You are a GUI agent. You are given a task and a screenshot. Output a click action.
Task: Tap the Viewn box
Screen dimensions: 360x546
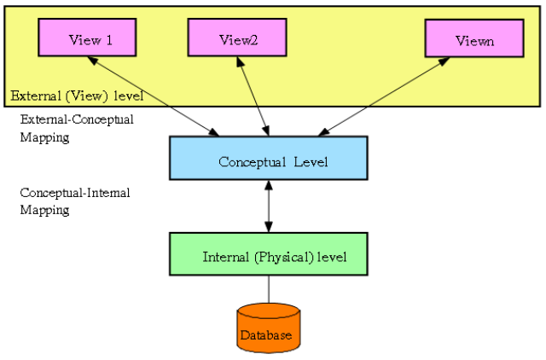pos(473,39)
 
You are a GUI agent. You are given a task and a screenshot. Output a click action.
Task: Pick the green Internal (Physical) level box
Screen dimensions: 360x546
pos(268,254)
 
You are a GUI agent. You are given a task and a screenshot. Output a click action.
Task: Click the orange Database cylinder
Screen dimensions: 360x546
pos(268,328)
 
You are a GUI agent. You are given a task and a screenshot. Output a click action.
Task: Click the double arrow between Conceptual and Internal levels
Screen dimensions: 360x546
pos(269,206)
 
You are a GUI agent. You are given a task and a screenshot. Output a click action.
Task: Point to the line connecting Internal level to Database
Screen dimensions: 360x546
pos(269,289)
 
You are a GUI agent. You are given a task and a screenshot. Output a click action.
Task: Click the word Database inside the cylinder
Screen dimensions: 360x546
pos(266,335)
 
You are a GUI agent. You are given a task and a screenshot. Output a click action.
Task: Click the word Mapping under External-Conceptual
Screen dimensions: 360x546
pos(44,136)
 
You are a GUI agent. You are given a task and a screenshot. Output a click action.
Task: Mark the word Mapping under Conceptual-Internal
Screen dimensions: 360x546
pos(44,210)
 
